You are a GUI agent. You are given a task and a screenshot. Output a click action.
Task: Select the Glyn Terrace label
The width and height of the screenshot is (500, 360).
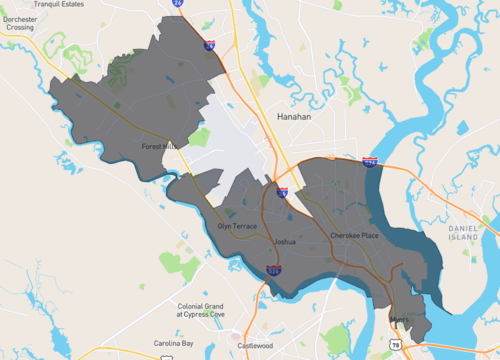point(237,226)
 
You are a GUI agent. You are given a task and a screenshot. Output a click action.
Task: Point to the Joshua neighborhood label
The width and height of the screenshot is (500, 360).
point(285,242)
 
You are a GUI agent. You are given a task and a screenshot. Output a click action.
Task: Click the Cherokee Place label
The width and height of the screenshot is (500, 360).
point(354,236)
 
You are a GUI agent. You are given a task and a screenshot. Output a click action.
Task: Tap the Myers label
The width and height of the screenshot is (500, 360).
point(400,321)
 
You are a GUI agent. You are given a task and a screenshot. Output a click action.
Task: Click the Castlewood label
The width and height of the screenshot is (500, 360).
point(255,346)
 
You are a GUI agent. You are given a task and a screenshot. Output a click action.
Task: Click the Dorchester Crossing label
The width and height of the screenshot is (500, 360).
point(18,23)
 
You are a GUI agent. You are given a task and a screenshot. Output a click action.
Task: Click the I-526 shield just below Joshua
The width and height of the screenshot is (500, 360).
point(274,270)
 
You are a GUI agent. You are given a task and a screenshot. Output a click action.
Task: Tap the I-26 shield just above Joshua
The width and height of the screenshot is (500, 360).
point(282,192)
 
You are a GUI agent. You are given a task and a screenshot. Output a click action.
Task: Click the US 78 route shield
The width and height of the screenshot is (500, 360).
point(395,345)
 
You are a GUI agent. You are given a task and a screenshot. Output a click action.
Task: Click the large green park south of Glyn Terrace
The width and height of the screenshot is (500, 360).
point(179,264)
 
